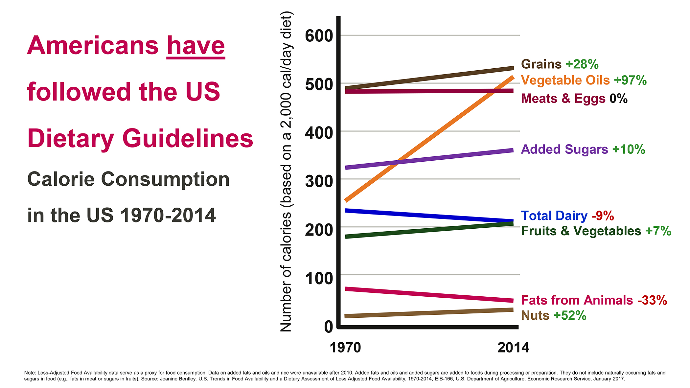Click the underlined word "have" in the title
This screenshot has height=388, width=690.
tap(196, 46)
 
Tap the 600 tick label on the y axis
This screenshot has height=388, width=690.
tap(319, 35)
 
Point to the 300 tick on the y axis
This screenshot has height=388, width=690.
tap(319, 181)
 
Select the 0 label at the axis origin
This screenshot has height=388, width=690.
tap(329, 327)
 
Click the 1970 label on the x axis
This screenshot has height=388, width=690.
tap(345, 348)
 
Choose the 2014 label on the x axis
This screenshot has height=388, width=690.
tap(513, 348)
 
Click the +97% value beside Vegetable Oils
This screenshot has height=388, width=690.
tap(630, 80)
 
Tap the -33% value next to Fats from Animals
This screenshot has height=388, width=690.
tap(652, 300)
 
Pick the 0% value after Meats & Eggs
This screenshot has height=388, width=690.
tap(618, 99)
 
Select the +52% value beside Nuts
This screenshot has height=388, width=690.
tap(570, 315)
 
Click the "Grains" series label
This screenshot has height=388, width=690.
tap(541, 64)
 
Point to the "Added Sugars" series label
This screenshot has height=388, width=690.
tap(564, 149)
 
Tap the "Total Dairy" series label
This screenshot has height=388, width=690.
tap(554, 216)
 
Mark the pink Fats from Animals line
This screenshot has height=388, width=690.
tap(427, 295)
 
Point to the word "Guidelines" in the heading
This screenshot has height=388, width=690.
tap(188, 139)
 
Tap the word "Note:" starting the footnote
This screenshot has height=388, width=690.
tap(30, 373)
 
